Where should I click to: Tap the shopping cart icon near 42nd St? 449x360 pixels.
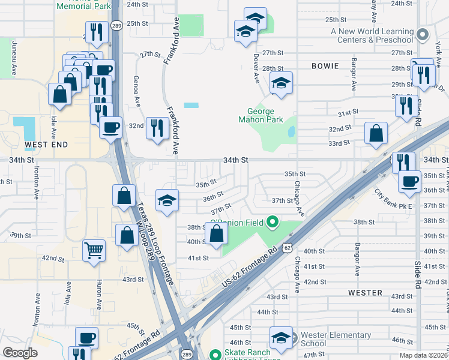click(x=94, y=251)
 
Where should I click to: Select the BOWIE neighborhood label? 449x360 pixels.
click(x=325, y=66)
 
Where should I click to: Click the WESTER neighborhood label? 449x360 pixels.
click(x=365, y=293)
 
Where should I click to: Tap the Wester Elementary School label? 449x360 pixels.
click(x=336, y=339)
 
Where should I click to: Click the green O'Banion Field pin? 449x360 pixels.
click(x=271, y=223)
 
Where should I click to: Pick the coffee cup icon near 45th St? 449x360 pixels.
click(x=86, y=338)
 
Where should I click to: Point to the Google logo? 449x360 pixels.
click(x=20, y=353)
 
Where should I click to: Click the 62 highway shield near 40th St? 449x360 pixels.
click(x=289, y=247)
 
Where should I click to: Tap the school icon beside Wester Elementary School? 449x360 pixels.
click(x=280, y=337)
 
